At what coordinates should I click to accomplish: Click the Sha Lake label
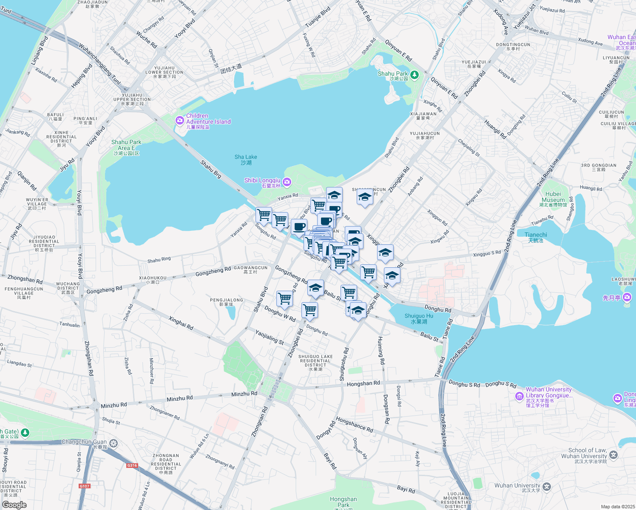[246, 160]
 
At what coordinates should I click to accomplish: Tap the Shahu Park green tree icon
[415, 75]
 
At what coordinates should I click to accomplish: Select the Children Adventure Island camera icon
[179, 121]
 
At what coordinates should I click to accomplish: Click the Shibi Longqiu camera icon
[287, 182]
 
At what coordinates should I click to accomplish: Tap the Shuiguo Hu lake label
[419, 319]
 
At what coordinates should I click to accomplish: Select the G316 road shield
[132, 465]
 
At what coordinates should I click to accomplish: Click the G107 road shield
[85, 486]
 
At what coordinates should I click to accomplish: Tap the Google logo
[14, 504]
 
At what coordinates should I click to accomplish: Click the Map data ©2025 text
[618, 507]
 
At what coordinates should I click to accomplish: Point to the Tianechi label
[536, 237]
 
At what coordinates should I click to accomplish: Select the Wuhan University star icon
[547, 486]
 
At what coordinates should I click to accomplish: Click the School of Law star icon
[613, 455]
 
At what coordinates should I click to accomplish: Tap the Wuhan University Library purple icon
[519, 397]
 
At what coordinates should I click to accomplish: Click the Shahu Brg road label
[211, 169]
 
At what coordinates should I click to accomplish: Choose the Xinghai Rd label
[181, 323]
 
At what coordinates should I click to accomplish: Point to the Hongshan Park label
[343, 502]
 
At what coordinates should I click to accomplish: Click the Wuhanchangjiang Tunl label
[99, 65]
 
